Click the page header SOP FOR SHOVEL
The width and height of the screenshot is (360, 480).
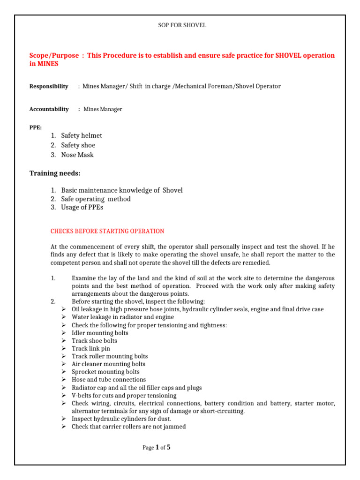(x=182, y=25)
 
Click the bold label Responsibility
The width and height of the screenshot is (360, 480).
(x=49, y=86)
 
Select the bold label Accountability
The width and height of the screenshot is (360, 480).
(x=49, y=109)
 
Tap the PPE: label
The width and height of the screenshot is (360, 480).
(x=35, y=127)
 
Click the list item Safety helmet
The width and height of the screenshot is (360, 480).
(x=82, y=135)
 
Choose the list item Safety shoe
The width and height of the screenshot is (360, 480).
(x=78, y=145)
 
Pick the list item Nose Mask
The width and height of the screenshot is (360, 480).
(x=77, y=155)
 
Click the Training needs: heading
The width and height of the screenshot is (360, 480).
(x=55, y=173)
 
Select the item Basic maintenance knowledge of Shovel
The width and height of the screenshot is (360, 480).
(x=122, y=190)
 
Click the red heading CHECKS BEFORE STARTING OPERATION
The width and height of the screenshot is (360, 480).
(x=107, y=231)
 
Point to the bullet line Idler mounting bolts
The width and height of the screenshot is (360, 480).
(x=100, y=333)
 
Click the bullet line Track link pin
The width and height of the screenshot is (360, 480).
(x=91, y=348)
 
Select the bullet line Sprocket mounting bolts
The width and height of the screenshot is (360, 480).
(x=105, y=372)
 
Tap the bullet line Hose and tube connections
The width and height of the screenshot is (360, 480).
(x=109, y=379)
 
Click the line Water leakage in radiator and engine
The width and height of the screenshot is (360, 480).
(x=123, y=317)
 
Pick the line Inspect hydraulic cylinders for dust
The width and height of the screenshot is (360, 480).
(x=121, y=419)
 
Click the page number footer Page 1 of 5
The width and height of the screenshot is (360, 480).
(x=157, y=448)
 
